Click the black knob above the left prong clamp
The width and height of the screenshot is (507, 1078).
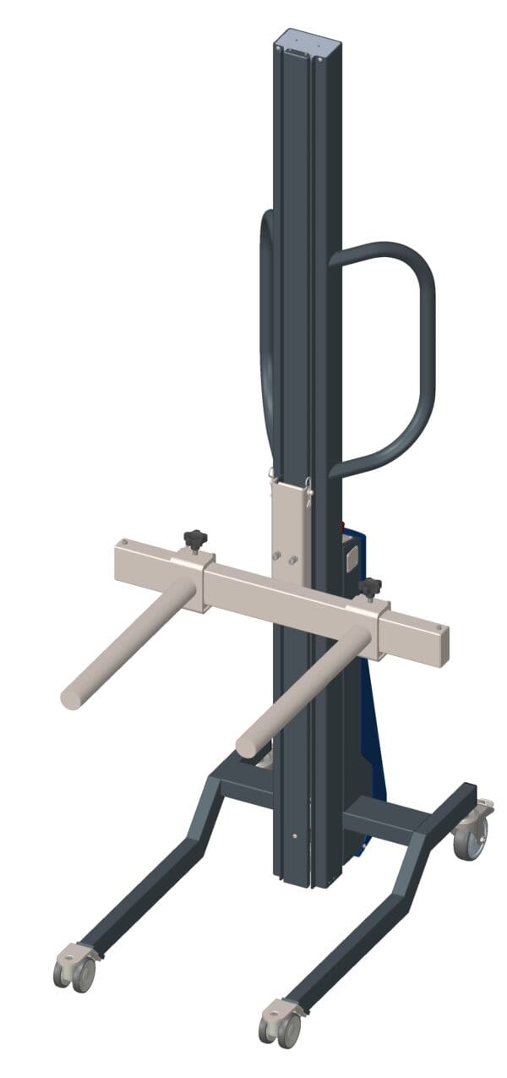click(x=195, y=537)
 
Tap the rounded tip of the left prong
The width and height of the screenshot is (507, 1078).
click(x=71, y=698)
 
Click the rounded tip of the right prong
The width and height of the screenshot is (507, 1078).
click(x=247, y=747)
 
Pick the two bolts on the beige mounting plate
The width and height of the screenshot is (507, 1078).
click(x=285, y=558)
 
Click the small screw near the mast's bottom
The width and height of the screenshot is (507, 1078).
click(x=294, y=836)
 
